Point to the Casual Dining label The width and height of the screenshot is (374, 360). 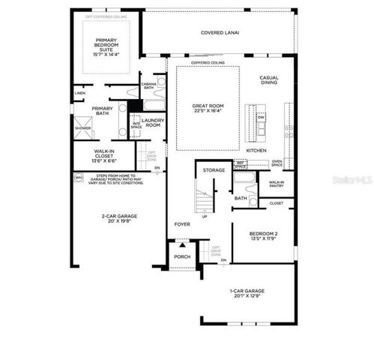(269, 82)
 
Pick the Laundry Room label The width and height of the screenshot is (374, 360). (154, 123)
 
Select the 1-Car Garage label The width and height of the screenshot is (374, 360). (247, 292)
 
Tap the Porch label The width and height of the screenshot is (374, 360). (182, 256)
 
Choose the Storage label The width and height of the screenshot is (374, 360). (214, 171)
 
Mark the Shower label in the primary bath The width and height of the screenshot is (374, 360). (82, 128)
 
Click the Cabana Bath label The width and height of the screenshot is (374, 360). (148, 86)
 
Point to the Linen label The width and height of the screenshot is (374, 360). (79, 93)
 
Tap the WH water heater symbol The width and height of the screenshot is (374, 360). (78, 178)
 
